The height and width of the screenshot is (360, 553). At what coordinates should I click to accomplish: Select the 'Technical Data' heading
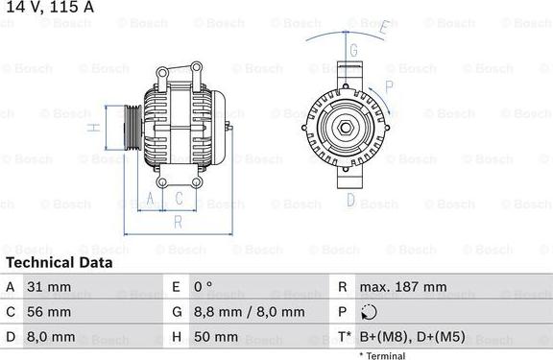[x=59, y=262]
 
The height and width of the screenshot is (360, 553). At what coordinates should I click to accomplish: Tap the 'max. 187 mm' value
[x=404, y=287]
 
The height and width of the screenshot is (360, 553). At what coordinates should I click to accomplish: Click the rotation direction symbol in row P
[x=372, y=312]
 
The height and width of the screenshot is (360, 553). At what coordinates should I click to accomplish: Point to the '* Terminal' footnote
[x=382, y=355]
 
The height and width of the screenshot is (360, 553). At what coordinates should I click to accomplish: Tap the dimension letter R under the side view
[x=179, y=222]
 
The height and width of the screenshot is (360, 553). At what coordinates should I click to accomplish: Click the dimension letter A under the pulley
[x=150, y=200]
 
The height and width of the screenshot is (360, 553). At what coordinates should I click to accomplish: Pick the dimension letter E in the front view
[x=382, y=28]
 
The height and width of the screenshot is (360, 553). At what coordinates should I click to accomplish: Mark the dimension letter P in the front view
[x=389, y=85]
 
